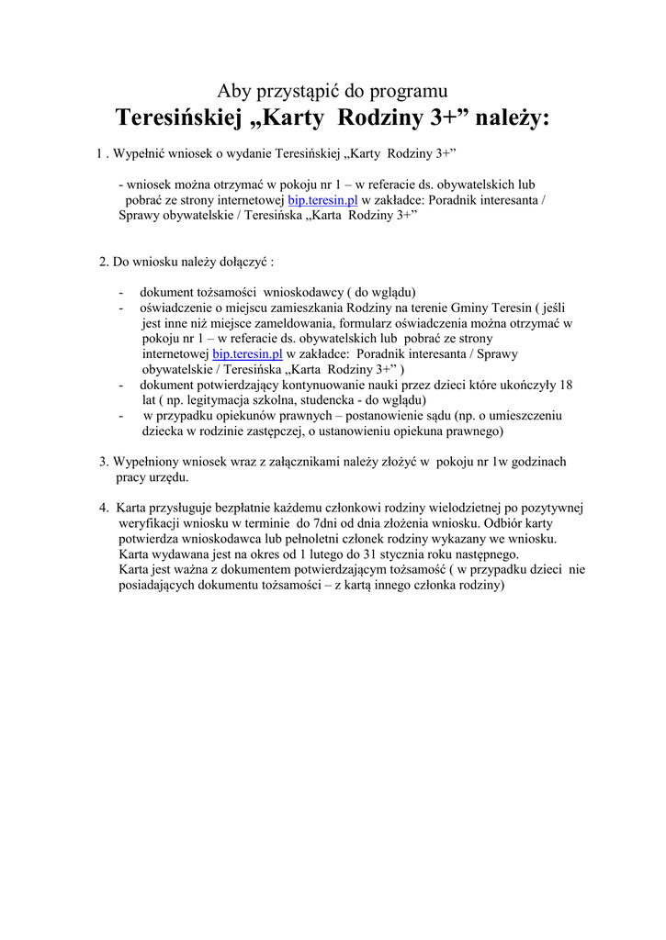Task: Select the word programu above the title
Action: tap(412, 91)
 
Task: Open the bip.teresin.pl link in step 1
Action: tap(322, 199)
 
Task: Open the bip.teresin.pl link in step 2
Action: tap(247, 353)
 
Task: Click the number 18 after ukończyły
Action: tap(566, 385)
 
